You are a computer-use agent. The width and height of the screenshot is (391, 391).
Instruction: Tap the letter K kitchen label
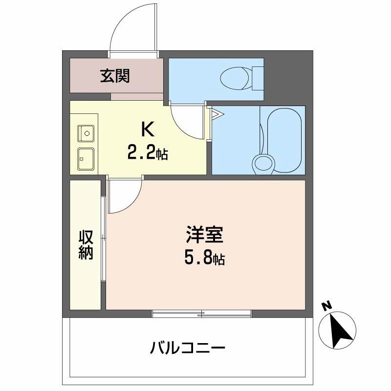point(148,130)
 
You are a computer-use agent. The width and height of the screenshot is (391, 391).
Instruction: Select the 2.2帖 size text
point(148,153)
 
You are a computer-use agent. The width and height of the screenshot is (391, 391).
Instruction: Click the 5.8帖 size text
point(204,259)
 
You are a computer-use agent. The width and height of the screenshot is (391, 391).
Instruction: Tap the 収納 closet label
point(86,245)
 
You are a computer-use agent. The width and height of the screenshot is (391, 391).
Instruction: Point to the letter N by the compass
point(326,306)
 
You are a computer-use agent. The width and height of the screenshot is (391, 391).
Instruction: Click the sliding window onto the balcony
point(202,313)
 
